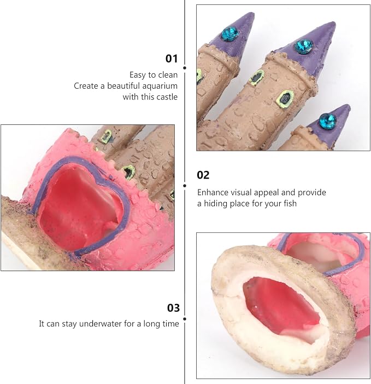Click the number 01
pyautogui.click(x=172, y=59)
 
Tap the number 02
pyautogui.click(x=203, y=175)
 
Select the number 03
pyautogui.click(x=173, y=308)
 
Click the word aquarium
pyautogui.click(x=160, y=86)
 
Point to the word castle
pyautogui.click(x=167, y=97)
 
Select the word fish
pyautogui.click(x=290, y=204)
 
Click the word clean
pyautogui.click(x=168, y=75)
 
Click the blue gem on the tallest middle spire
pyautogui.click(x=304, y=46)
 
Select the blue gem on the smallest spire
pyautogui.click(x=328, y=121)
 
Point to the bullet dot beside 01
pyautogui.click(x=185, y=68)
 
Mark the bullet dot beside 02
pyautogui.click(x=185, y=186)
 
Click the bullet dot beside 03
pyautogui.click(x=185, y=319)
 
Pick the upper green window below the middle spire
pyautogui.click(x=257, y=78)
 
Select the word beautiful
pyautogui.click(x=123, y=86)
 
